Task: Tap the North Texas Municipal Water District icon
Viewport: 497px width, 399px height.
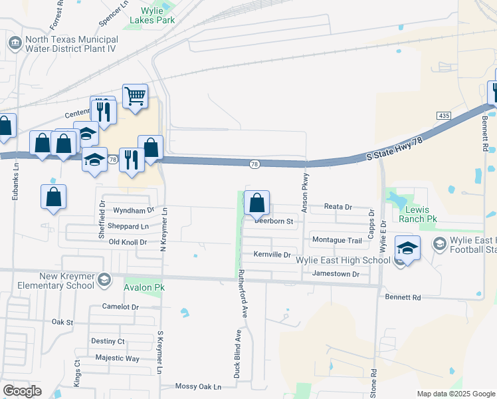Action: click(x=14, y=43)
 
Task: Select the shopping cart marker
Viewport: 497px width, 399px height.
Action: click(x=135, y=96)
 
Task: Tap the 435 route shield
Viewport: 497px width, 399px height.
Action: click(x=444, y=116)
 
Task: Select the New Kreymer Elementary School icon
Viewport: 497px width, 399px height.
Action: click(x=104, y=280)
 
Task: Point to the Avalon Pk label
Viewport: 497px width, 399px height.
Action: click(x=144, y=288)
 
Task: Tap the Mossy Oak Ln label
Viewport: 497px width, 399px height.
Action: click(x=197, y=386)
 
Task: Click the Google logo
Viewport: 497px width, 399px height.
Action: click(x=22, y=390)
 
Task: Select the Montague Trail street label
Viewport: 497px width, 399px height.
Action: click(x=337, y=239)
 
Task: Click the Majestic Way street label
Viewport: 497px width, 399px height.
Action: click(x=117, y=358)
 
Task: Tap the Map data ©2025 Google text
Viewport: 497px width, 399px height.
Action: click(x=456, y=394)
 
